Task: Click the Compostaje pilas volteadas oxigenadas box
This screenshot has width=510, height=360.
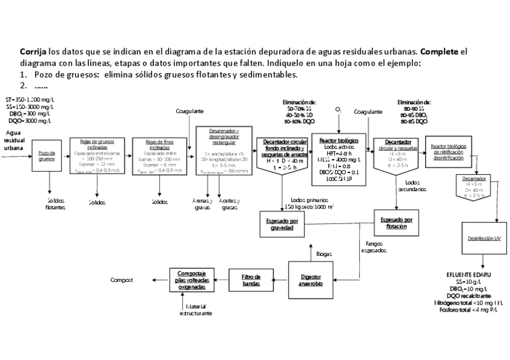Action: tap(192, 280)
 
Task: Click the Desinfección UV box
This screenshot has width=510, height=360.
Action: tap(484, 239)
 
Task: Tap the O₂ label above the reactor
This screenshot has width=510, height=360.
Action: tap(338, 110)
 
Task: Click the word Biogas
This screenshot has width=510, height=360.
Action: tap(324, 254)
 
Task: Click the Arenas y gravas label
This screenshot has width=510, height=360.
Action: tap(202, 204)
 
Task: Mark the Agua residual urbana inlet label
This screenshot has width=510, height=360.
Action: tap(13, 139)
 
